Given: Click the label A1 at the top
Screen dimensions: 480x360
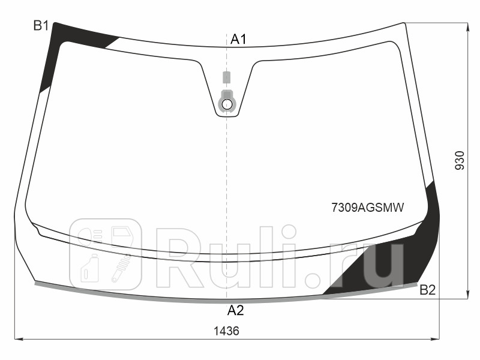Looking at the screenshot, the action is pos(238,40).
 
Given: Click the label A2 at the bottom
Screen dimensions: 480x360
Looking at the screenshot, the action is pos(235,310).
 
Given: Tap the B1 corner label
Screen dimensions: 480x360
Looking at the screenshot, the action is pos(41,25).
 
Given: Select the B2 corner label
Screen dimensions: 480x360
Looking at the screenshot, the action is pos(427,291).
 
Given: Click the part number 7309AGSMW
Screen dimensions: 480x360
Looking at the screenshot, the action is pos(368,208).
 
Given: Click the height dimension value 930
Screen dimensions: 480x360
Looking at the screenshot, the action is pos(460,160).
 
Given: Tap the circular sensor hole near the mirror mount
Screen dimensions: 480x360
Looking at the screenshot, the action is pos(227,104).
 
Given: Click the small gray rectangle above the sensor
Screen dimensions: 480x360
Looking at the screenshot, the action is pos(226,77).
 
